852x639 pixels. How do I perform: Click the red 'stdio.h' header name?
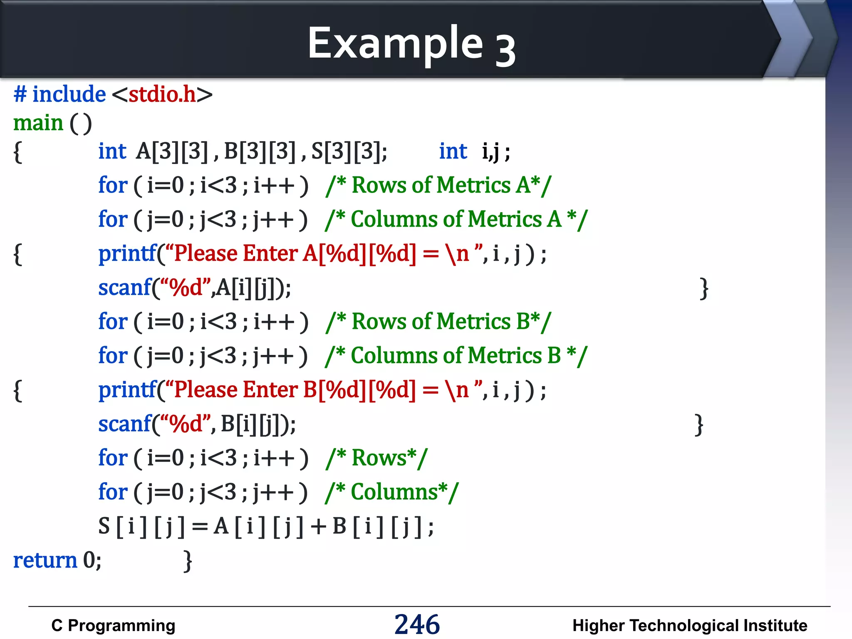pos(162,94)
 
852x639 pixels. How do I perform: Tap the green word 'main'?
pos(38,123)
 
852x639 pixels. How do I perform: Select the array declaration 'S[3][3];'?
pos(349,151)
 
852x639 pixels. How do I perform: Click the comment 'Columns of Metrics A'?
pos(456,219)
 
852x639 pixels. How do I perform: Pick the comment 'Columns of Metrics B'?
pos(456,356)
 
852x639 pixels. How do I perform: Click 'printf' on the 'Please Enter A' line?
pos(127,254)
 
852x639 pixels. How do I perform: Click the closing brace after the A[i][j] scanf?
pos(703,288)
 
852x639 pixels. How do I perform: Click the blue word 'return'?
pos(45,560)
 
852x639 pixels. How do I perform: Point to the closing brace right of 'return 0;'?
pos(188,561)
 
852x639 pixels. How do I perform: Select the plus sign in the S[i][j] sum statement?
pos(318,527)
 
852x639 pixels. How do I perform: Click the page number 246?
pos(417,624)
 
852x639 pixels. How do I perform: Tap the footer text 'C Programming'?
pos(113,626)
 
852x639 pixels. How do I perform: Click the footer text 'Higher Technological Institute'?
pos(689,626)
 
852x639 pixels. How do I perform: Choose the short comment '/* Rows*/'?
pos(376,458)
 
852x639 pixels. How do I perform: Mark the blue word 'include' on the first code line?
pos(69,94)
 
